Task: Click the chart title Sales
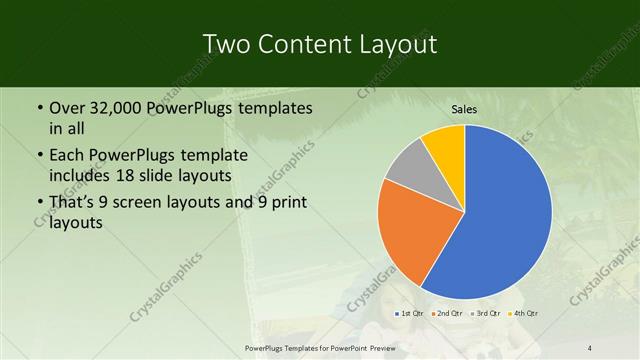tap(465, 109)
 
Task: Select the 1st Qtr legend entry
tap(410, 314)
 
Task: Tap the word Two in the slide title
tap(228, 45)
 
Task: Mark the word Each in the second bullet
tap(67, 156)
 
